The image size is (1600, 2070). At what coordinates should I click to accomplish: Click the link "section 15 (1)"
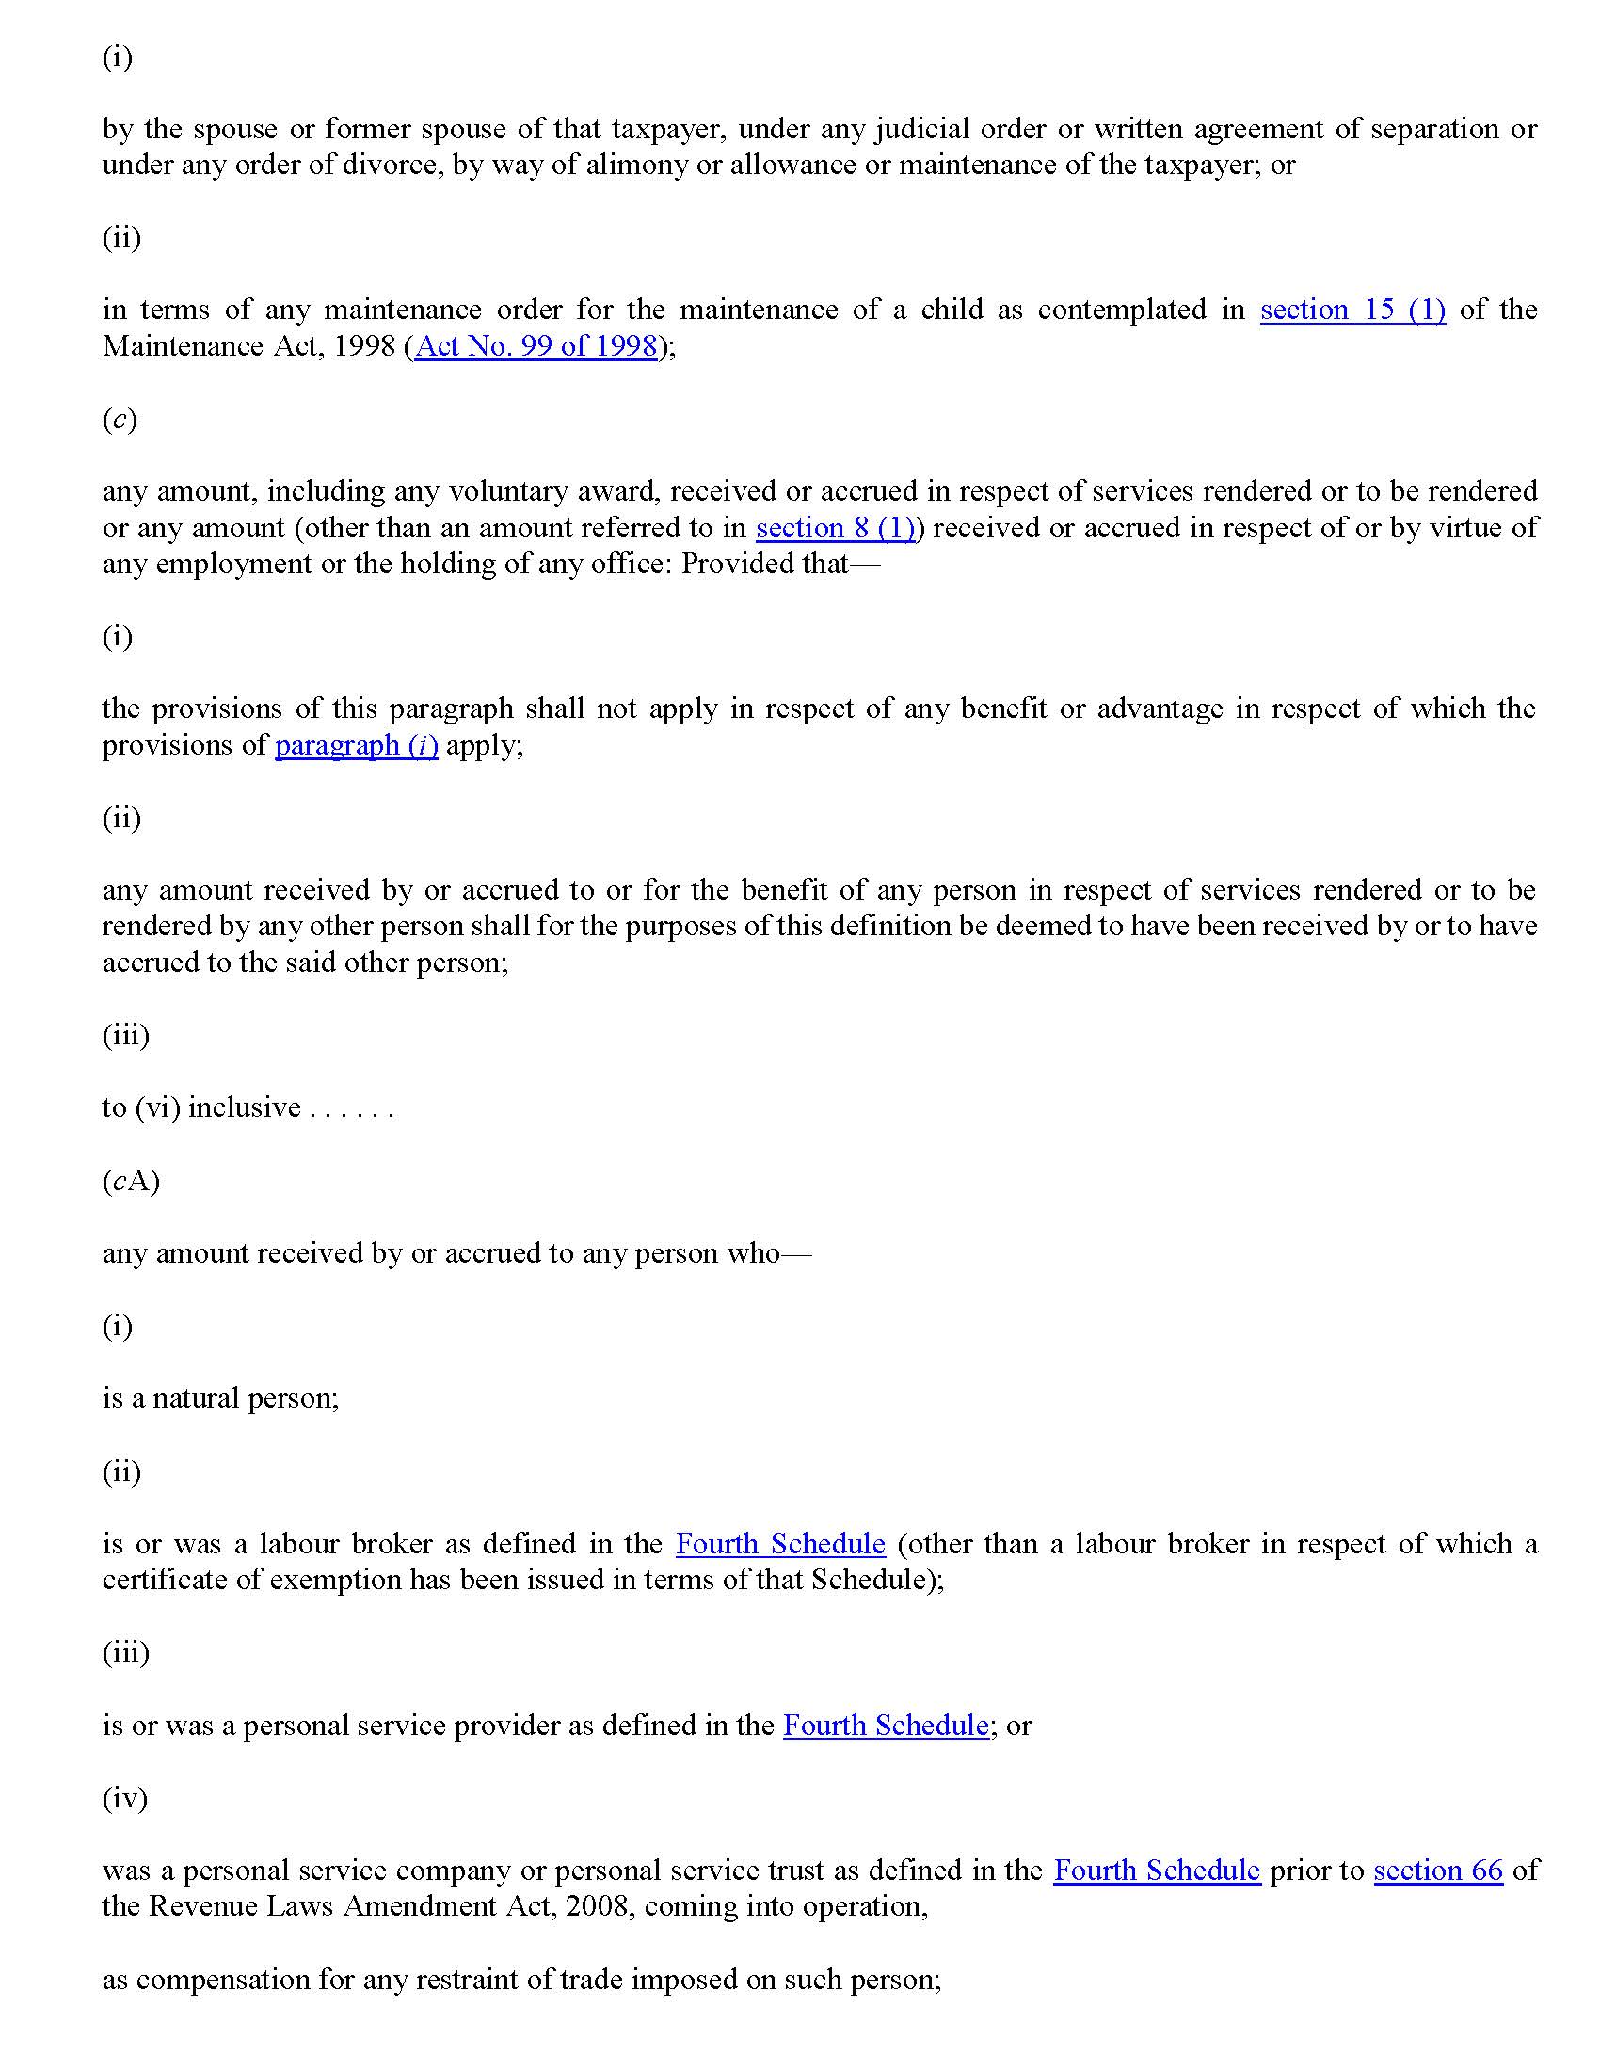pyautogui.click(x=1352, y=310)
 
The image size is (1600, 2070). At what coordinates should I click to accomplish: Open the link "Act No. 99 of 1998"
pyautogui.click(x=536, y=346)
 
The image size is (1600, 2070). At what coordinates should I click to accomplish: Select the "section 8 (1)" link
pyautogui.click(x=835, y=527)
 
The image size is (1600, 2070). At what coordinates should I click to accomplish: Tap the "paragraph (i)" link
pyautogui.click(x=357, y=745)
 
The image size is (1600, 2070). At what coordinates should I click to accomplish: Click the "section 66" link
pyautogui.click(x=1437, y=1870)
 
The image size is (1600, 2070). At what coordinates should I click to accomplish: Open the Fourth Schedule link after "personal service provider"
pyautogui.click(x=886, y=1725)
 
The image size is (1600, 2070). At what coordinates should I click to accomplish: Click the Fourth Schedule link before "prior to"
pyautogui.click(x=1157, y=1870)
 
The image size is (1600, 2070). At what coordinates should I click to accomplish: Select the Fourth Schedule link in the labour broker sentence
pyautogui.click(x=780, y=1544)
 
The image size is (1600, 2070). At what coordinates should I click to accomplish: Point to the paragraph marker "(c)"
pyautogui.click(x=120, y=419)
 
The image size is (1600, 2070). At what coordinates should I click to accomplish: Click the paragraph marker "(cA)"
pyautogui.click(x=131, y=1181)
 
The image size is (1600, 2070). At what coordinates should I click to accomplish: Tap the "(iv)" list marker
pyautogui.click(x=125, y=1798)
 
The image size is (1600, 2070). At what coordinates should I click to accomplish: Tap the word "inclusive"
pyautogui.click(x=245, y=1107)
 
